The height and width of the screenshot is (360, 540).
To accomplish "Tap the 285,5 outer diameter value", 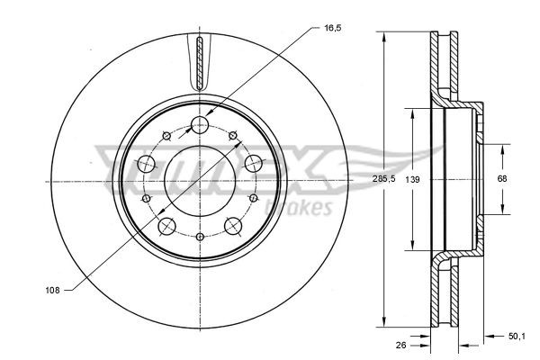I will tap(384, 178).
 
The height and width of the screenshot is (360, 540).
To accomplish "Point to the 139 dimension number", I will tap(412, 178).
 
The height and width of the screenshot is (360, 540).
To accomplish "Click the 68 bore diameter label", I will tap(502, 178).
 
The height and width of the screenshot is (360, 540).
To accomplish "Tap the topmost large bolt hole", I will tap(200, 124).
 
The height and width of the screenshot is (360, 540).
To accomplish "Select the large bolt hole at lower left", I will tap(166, 228).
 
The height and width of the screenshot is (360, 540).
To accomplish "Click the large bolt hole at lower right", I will tap(234, 226).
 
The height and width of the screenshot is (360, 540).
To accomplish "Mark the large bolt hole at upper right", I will tap(254, 163).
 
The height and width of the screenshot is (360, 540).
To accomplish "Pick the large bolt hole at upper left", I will tap(144, 164).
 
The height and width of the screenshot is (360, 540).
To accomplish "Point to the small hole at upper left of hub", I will tap(166, 136).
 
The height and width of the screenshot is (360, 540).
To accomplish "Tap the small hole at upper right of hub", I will tap(233, 136).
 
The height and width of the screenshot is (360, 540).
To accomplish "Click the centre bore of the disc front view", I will tap(199, 180).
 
